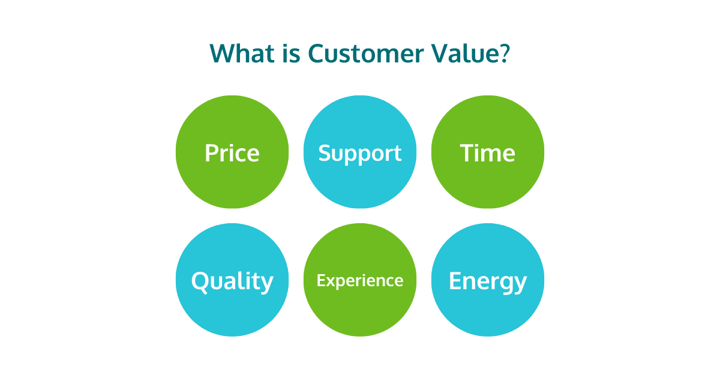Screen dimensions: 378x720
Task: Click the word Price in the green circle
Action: click(232, 153)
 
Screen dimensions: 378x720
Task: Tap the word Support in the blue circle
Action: click(360, 153)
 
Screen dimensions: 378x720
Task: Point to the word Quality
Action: click(232, 281)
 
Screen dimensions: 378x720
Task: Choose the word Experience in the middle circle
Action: click(360, 280)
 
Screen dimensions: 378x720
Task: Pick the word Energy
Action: click(488, 281)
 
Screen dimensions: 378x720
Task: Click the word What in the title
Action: click(239, 53)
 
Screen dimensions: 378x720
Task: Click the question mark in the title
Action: click(504, 53)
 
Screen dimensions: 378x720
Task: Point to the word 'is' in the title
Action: click(287, 53)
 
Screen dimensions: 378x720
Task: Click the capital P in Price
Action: click(211, 153)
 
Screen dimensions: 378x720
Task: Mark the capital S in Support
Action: click(325, 153)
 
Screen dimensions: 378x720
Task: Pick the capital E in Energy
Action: click(455, 281)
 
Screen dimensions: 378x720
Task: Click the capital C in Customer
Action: click(317, 53)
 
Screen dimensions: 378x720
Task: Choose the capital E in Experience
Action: click(320, 280)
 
